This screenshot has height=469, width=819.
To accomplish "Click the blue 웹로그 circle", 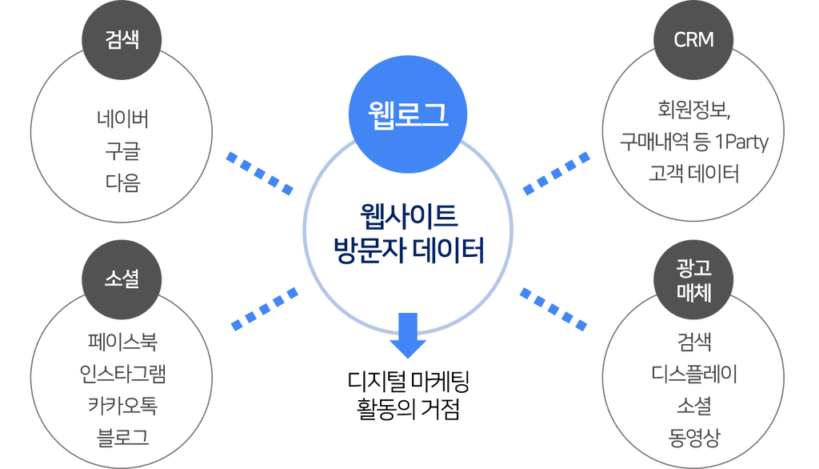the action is tap(407, 114).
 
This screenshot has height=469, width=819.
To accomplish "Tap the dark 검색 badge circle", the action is tap(122, 40).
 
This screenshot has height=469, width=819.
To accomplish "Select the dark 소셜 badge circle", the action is tap(122, 279).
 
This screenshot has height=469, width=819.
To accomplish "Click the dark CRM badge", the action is tap(693, 40).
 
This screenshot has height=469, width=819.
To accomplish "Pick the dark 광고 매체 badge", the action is tap(693, 279).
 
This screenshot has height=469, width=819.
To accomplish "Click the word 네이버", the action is tap(122, 119).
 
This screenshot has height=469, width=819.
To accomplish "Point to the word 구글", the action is tap(122, 151).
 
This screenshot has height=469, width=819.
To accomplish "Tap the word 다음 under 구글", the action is tap(122, 183).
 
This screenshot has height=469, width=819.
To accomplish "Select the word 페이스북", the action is tap(122, 343).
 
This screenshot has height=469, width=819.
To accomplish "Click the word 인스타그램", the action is tap(122, 375).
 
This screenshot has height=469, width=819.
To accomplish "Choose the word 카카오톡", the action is tap(122, 406).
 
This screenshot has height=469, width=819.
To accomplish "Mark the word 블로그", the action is tap(122, 438).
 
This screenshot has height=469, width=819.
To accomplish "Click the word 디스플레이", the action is tap(694, 375).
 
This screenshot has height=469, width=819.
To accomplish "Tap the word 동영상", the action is tap(694, 438).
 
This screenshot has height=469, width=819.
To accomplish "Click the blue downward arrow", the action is tap(408, 335).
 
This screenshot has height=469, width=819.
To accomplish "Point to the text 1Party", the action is tap(741, 142).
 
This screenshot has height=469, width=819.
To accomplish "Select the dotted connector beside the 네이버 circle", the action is tap(260, 173).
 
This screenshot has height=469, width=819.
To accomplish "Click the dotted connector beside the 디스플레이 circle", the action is tap(553, 309).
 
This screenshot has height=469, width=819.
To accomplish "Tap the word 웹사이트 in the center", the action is tap(409, 216).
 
